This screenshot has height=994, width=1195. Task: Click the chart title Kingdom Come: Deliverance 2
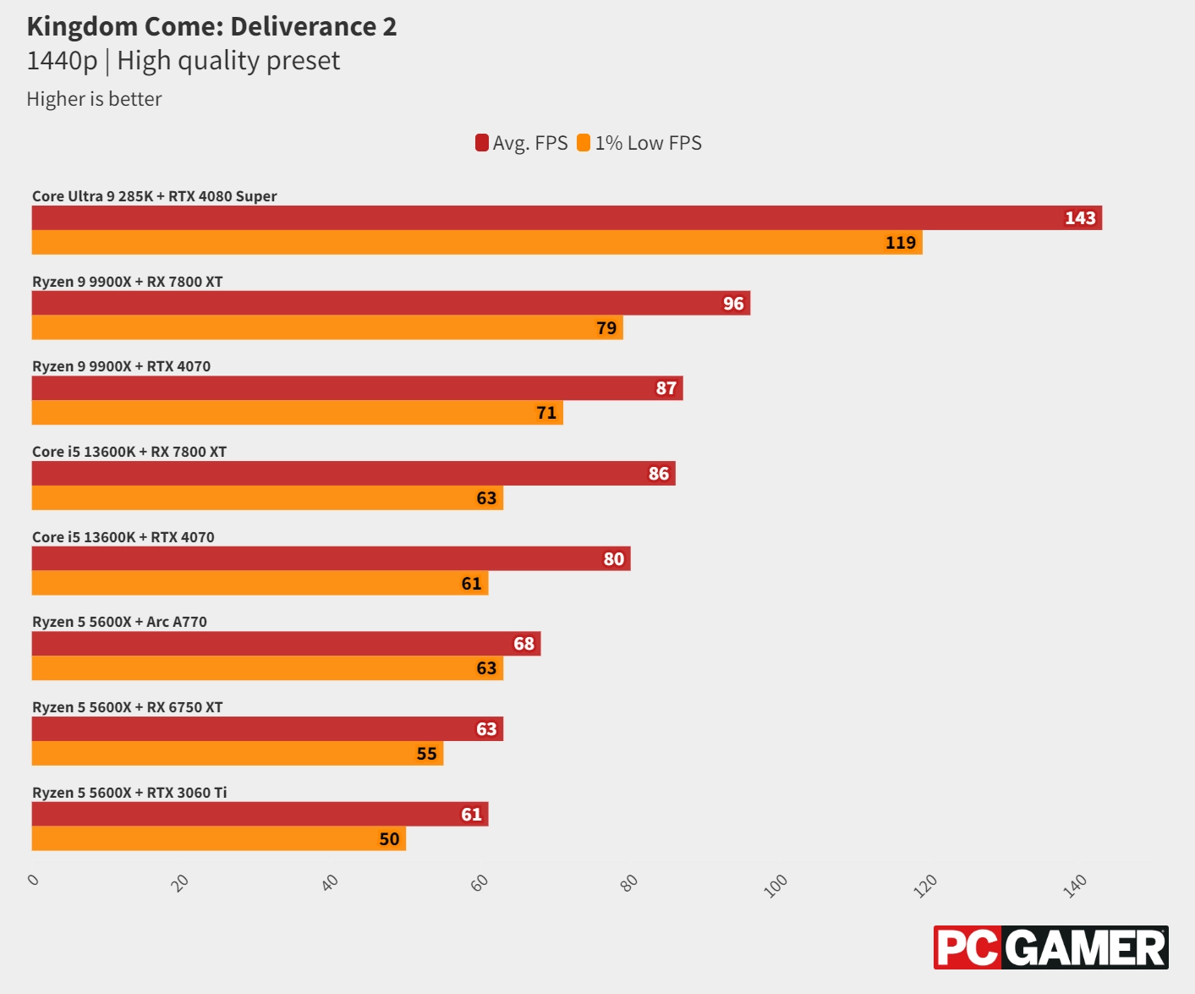point(211,27)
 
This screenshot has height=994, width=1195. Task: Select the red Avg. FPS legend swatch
point(482,143)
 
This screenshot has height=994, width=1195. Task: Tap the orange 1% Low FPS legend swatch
point(584,143)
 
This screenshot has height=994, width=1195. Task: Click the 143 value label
point(1080,218)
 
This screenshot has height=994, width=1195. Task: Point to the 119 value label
point(901,243)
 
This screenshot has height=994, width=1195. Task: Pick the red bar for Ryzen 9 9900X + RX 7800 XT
point(391,303)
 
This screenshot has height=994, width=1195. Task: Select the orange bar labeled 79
point(327,327)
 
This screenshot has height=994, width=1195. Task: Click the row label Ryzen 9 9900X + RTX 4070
point(122,366)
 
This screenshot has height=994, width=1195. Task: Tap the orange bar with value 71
point(297,413)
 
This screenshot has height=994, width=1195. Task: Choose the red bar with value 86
point(354,474)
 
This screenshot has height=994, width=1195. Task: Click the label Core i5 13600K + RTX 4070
point(123,537)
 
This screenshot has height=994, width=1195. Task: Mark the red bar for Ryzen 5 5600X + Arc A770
point(286,644)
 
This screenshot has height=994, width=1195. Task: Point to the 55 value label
point(427,754)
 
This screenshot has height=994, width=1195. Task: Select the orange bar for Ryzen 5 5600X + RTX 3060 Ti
point(218,838)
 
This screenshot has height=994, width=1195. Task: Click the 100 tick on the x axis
point(776,885)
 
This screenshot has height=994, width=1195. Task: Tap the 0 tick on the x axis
point(34,880)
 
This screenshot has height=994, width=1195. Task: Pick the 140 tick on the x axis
point(1075,886)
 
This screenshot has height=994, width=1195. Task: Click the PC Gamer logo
point(1050,947)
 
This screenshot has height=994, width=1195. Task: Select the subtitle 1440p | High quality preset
point(184,61)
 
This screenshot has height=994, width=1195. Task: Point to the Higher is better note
point(94,99)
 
